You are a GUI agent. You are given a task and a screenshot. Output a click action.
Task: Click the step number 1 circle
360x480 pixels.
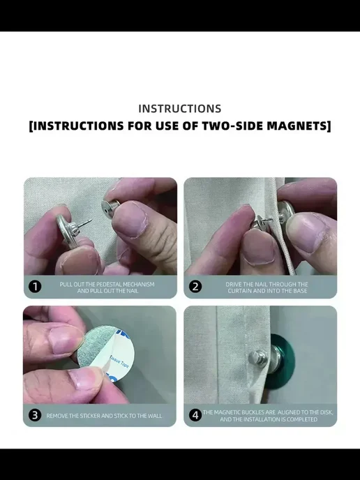coord(35,287)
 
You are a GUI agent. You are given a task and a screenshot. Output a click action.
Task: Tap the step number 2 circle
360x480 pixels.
coord(195,287)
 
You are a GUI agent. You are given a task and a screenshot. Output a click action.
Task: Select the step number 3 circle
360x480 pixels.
coord(35,415)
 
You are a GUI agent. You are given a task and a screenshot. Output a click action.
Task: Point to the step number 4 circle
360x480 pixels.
coord(195,415)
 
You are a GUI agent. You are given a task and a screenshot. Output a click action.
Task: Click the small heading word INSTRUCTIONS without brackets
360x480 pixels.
coord(180,109)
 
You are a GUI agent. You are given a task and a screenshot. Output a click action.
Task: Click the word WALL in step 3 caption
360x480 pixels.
coord(155,416)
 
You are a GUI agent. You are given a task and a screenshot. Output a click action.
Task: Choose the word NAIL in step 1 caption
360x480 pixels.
coord(133,290)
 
